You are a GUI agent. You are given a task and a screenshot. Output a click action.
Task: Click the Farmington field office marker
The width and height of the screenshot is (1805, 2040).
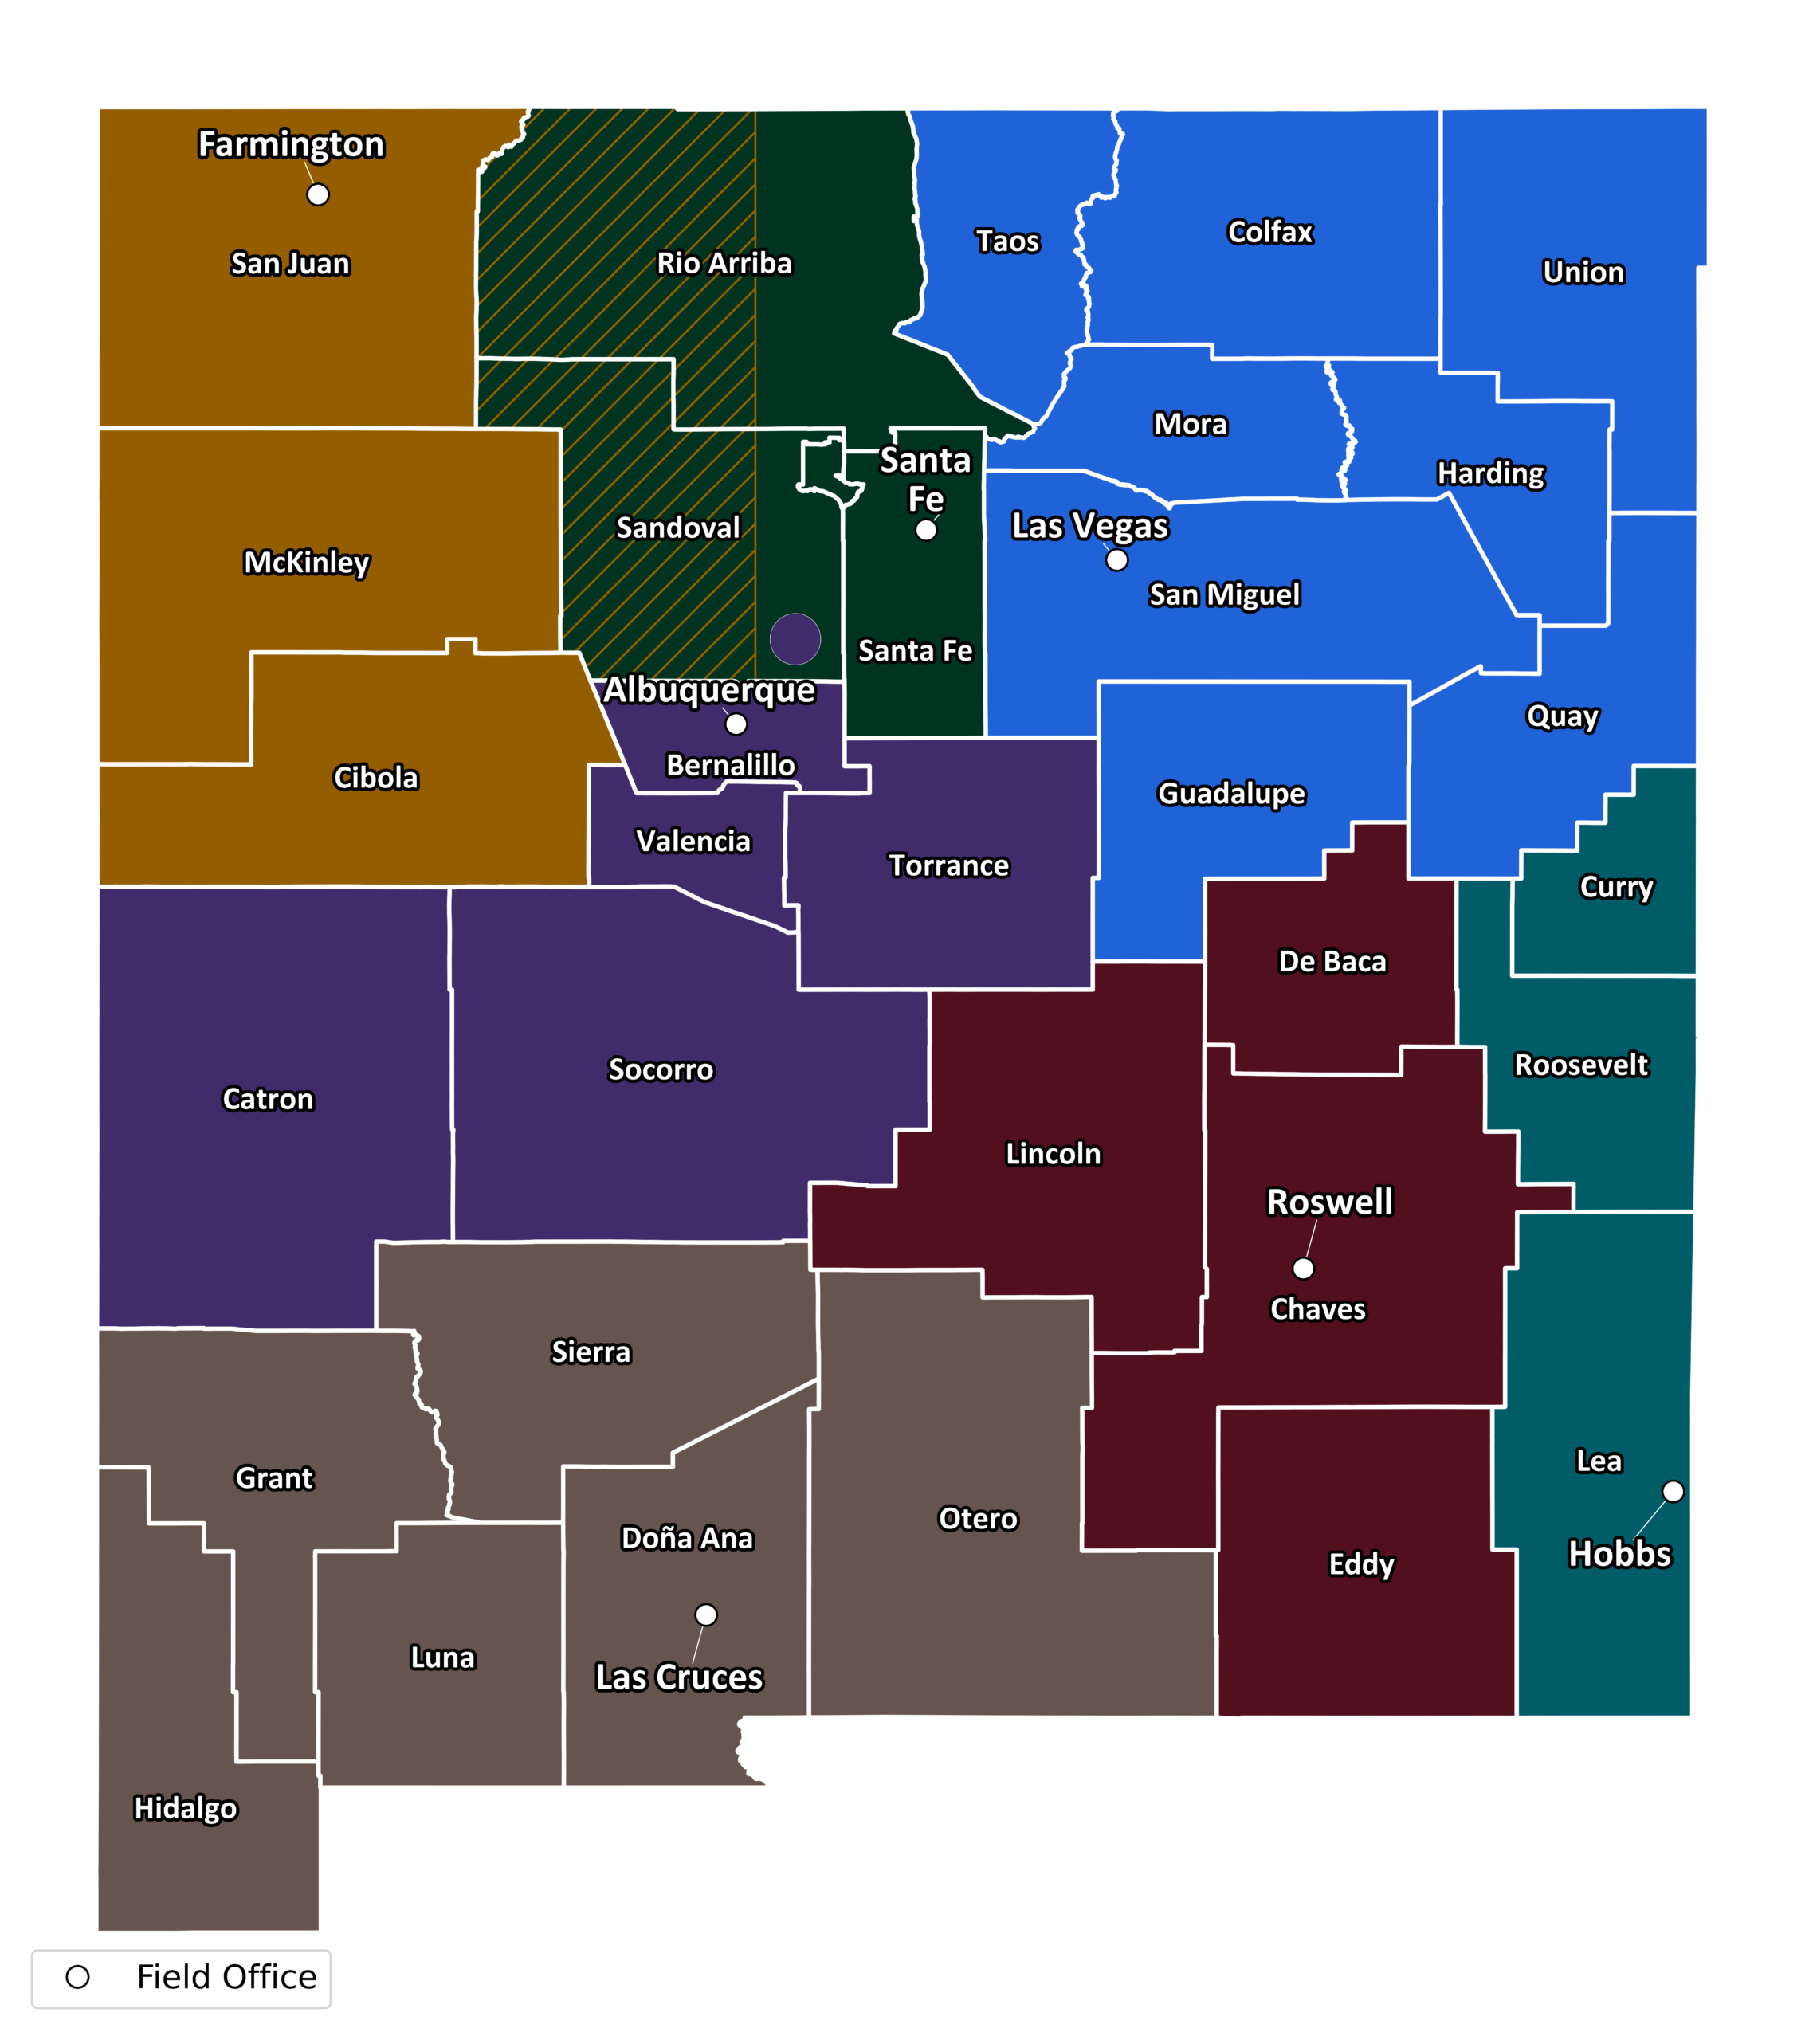tap(317, 194)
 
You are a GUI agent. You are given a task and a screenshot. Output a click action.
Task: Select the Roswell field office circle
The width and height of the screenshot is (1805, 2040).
tap(1303, 1269)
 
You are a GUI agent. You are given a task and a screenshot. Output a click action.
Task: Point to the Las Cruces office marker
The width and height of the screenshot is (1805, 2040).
tap(706, 1614)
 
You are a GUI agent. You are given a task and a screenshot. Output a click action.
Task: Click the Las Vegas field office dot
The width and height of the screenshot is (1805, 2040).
tap(1117, 561)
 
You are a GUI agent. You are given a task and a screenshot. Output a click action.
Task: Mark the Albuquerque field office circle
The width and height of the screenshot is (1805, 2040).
tap(736, 724)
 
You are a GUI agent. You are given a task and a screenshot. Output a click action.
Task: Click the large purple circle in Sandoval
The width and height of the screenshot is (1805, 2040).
tap(795, 639)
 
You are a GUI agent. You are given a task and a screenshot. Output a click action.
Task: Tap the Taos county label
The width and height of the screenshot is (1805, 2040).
tap(1007, 241)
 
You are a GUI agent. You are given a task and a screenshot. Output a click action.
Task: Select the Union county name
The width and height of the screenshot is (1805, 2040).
tap(1583, 273)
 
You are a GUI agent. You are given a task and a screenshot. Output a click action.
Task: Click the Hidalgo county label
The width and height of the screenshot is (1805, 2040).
tap(186, 1808)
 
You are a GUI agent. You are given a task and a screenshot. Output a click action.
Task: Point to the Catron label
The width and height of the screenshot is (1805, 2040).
tap(268, 1099)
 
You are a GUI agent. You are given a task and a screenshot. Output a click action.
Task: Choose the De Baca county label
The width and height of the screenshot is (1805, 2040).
tap(1332, 961)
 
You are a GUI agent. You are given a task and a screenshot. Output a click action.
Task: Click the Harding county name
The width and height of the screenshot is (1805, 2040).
tap(1490, 473)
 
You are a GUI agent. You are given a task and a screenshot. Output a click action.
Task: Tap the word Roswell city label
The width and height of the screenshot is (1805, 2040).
tap(1328, 1202)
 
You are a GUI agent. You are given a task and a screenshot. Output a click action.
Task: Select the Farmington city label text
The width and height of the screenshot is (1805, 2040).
tap(291, 145)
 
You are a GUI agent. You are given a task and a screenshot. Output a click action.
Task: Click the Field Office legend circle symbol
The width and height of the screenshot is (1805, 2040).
tap(78, 1977)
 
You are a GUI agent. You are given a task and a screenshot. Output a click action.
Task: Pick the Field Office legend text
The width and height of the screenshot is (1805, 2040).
tap(226, 1977)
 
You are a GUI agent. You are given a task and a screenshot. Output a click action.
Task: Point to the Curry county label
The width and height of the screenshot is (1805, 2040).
tap(1616, 886)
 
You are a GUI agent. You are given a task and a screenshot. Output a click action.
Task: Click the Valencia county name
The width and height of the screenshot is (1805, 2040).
tap(693, 841)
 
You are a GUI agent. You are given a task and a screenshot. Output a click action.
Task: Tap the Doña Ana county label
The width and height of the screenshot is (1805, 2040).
tap(687, 1538)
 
